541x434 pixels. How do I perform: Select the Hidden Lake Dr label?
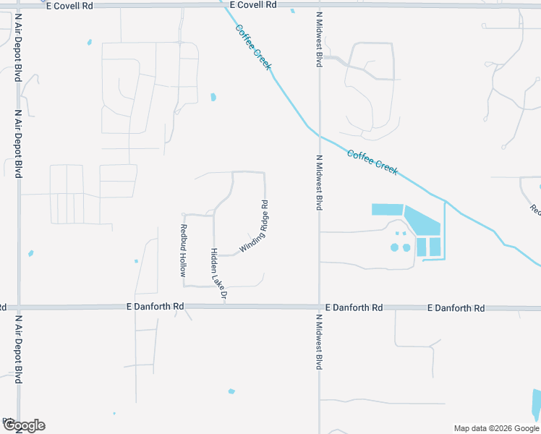click(218, 274)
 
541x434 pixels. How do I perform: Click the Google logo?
click(24, 425)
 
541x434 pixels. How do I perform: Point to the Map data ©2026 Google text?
click(495, 428)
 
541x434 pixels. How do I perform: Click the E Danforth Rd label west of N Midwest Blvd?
click(154, 307)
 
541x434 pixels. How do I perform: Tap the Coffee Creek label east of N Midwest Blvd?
click(372, 161)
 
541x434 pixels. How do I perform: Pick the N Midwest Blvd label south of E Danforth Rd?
click(318, 342)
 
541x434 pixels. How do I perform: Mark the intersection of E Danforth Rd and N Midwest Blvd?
click(319, 307)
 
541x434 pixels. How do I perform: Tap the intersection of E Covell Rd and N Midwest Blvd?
click(319, 6)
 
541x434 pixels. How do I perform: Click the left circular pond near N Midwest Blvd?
click(395, 247)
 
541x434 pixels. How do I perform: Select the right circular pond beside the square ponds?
click(406, 247)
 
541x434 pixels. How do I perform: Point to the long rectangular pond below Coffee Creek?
click(387, 210)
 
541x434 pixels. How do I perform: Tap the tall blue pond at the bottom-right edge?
click(537, 405)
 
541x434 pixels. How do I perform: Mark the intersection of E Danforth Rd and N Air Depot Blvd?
click(19, 307)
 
